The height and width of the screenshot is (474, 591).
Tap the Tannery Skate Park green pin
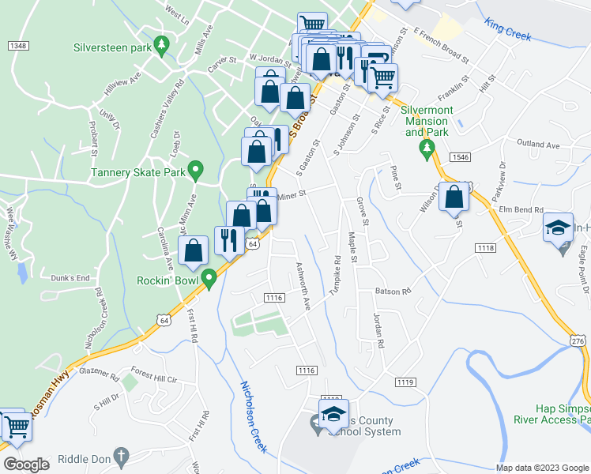[x=198, y=169]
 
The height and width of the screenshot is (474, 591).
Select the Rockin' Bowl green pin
[x=209, y=279]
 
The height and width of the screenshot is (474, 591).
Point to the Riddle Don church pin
[x=120, y=456]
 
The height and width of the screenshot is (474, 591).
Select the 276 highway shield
[x=578, y=339]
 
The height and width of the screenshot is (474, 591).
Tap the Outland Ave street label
[x=537, y=145]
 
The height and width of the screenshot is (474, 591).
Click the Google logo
[x=26, y=465]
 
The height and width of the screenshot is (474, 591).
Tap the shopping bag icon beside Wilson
[x=454, y=198]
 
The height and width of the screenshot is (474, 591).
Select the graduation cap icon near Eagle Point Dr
[x=558, y=229]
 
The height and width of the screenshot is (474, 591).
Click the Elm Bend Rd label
[x=522, y=210]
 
